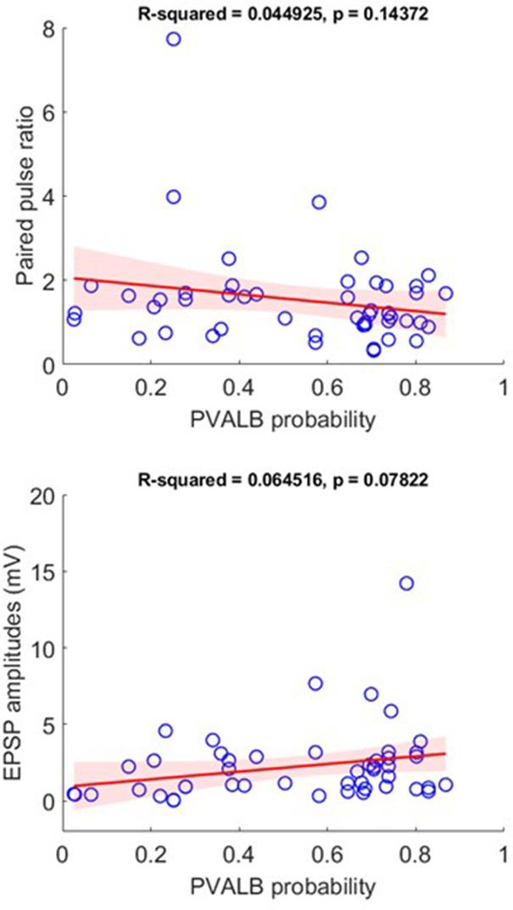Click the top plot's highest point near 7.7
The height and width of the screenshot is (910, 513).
click(x=173, y=39)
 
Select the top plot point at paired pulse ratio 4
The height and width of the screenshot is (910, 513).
click(x=173, y=196)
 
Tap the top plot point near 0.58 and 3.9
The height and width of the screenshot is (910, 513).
click(x=319, y=202)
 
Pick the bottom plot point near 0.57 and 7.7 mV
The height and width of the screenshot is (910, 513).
click(x=315, y=684)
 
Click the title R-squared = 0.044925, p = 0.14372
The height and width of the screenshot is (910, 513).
click(x=282, y=9)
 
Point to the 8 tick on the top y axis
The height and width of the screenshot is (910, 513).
click(x=47, y=28)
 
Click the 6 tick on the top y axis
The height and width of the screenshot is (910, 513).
click(x=47, y=112)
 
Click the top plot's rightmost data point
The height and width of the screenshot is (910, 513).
click(x=445, y=293)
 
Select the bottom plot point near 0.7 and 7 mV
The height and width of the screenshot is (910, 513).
click(x=371, y=694)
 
